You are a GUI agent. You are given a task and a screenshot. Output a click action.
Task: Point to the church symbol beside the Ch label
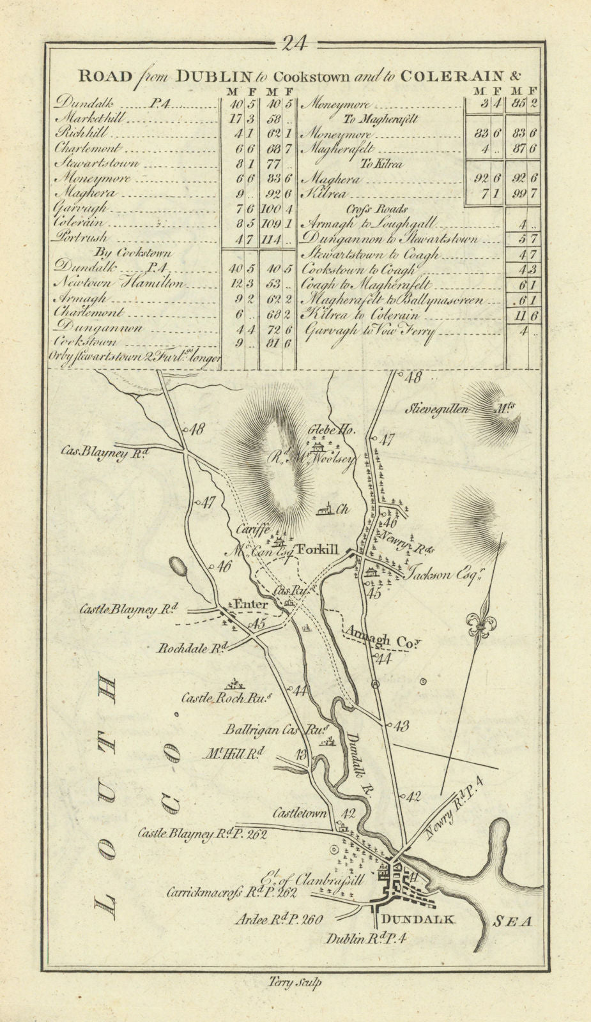(x=325, y=510)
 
